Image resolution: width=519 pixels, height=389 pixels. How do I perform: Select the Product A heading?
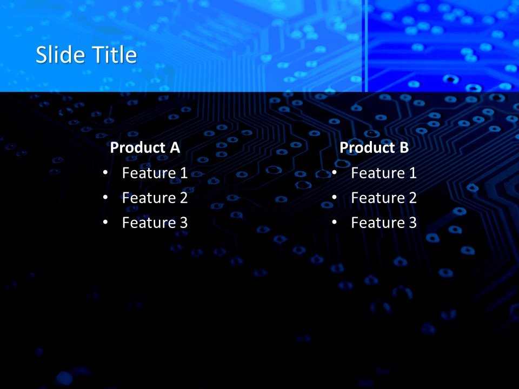[145, 147]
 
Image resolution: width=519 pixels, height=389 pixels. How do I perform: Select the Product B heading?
[374, 147]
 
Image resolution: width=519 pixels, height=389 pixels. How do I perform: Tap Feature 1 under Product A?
[155, 173]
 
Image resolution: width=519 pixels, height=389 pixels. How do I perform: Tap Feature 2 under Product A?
[155, 198]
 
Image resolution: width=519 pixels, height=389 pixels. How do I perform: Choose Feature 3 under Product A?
[155, 223]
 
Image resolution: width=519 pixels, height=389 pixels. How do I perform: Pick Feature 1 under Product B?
[384, 173]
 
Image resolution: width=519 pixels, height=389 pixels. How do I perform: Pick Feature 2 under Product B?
[384, 198]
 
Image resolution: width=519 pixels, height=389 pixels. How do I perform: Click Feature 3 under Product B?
[384, 223]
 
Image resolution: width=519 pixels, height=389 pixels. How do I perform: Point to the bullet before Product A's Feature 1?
[105, 172]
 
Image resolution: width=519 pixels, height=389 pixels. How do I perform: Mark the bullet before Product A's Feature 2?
[105, 197]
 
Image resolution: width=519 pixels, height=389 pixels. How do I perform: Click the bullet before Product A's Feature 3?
[105, 222]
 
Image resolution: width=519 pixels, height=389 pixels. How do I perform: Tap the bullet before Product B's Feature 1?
[334, 172]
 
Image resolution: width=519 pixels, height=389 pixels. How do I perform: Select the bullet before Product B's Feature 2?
[334, 197]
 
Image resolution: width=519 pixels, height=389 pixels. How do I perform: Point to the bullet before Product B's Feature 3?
[334, 222]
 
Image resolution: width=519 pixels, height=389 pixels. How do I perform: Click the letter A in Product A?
[175, 147]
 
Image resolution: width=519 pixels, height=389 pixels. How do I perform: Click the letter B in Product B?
[404, 147]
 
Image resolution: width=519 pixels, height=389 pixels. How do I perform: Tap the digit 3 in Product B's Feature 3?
[412, 223]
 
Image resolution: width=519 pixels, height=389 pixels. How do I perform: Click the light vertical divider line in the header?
[365, 46]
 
